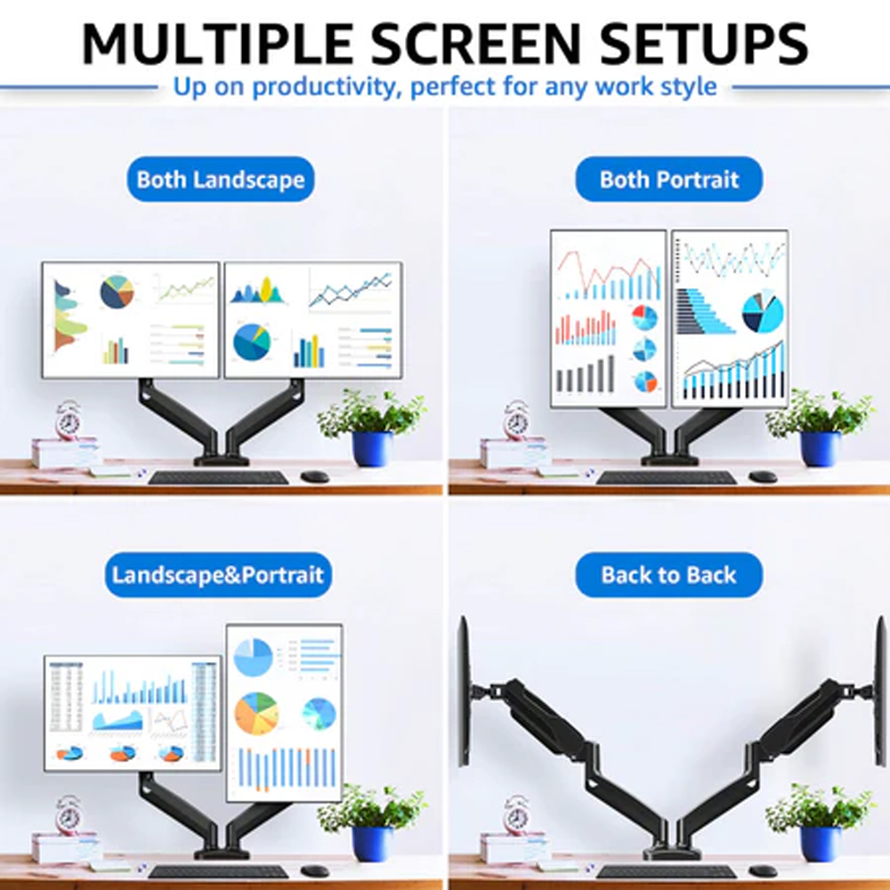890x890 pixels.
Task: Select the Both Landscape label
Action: (x=220, y=180)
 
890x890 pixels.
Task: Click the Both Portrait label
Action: (x=668, y=180)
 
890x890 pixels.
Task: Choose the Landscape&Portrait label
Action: (x=218, y=575)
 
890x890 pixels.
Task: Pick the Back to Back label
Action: (x=668, y=575)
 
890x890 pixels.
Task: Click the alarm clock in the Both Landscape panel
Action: (x=69, y=420)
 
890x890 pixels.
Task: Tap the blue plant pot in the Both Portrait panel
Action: (x=820, y=449)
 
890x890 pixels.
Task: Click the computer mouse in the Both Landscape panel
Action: (x=314, y=477)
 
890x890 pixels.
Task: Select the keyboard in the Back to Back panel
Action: (x=667, y=872)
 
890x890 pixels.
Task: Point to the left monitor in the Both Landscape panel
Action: (x=131, y=320)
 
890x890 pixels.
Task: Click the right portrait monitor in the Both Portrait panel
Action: (x=730, y=319)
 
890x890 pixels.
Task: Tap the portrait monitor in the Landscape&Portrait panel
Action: (x=285, y=713)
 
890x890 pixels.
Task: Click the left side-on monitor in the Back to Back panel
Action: (x=465, y=692)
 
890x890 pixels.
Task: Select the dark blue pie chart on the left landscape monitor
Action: (x=117, y=292)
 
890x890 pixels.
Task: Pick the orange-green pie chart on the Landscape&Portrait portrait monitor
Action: (x=256, y=713)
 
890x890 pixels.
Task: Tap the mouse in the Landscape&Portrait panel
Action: (x=314, y=871)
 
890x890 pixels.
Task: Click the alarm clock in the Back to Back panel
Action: (x=516, y=815)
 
